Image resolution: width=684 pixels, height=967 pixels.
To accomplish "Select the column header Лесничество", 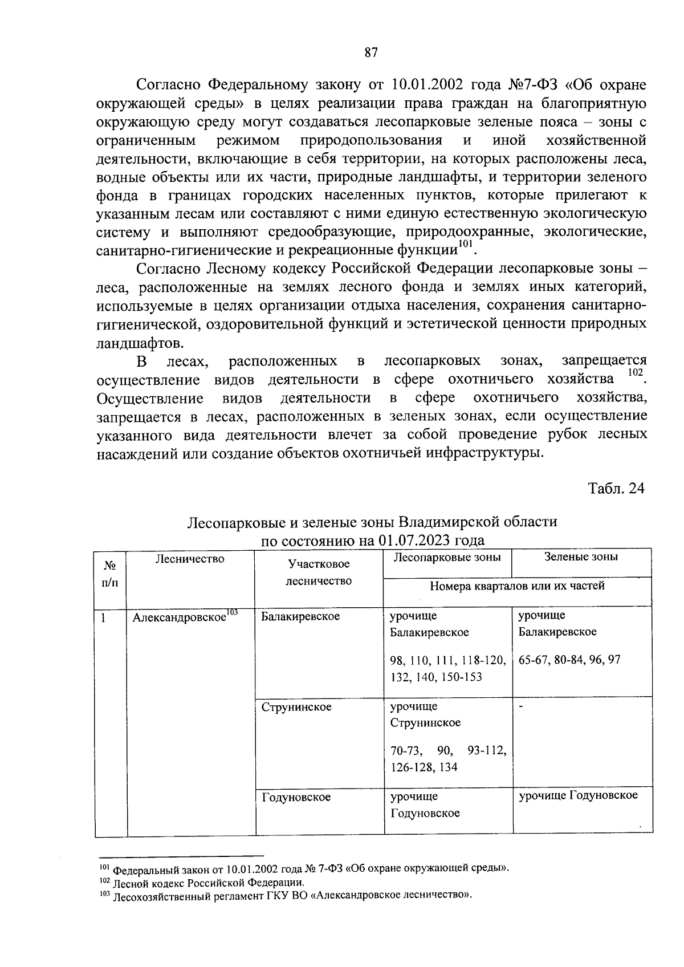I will pos(190,559).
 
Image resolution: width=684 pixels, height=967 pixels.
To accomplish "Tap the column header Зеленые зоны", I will pos(581,557).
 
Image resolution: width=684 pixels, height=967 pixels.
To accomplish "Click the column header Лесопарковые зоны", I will pos(447,557).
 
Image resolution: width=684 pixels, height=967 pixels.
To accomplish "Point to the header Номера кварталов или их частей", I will pos(517,586).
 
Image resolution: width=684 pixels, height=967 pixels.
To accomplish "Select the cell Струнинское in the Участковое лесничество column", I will pos(296,707).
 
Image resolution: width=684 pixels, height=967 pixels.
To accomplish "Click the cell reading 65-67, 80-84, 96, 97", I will pos(569,660).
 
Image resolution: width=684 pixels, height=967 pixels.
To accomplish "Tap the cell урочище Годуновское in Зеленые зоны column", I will pos(578,795).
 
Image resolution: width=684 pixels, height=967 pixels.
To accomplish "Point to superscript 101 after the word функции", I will pos(466,245).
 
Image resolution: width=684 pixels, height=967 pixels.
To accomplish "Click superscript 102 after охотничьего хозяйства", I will pos(634,372).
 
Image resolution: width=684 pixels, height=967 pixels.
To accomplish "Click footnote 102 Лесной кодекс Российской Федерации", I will pos(203,882).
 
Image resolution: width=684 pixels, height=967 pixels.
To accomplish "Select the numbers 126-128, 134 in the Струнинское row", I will pos(424,767).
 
